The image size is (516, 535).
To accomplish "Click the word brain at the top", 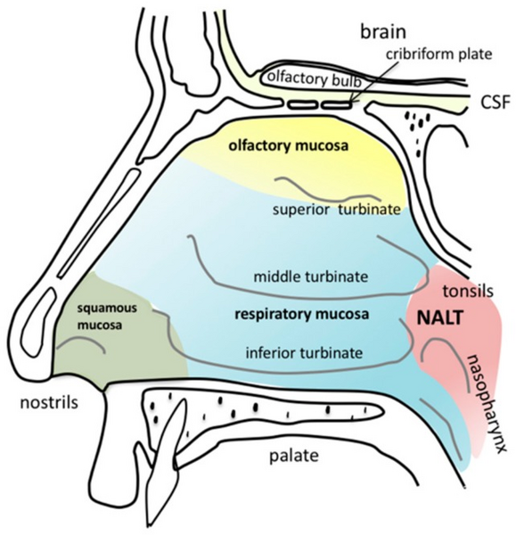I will (x=383, y=32).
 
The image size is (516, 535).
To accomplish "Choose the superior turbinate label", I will (x=336, y=210).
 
